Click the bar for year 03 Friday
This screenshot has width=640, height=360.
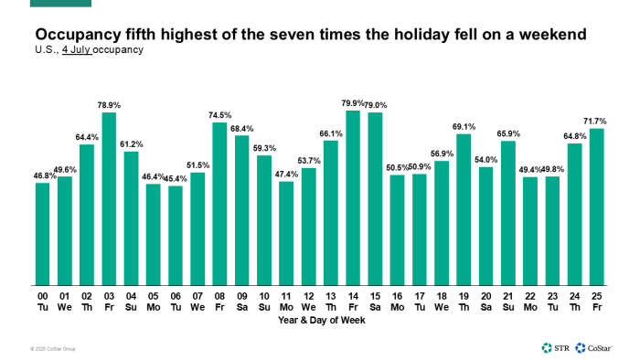(109, 197)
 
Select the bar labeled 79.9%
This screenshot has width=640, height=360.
(353, 196)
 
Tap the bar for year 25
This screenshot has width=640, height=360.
(597, 206)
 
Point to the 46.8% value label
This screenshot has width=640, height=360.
(43, 175)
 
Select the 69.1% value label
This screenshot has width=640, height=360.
(464, 126)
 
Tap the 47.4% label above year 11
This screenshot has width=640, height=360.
(286, 174)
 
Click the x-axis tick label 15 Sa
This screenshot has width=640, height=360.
(375, 302)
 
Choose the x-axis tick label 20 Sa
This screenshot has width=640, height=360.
(485, 302)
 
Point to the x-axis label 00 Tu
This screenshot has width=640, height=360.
(43, 302)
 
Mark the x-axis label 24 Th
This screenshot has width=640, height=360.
(574, 302)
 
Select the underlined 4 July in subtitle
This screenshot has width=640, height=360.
(79, 48)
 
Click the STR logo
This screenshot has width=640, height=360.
(555, 347)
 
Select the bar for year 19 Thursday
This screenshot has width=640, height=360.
(464, 208)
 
